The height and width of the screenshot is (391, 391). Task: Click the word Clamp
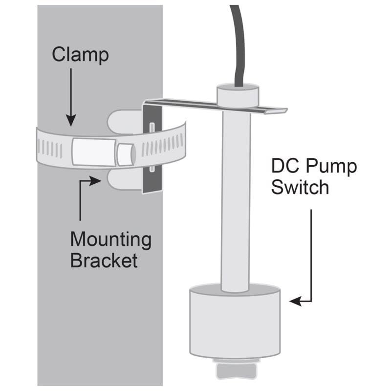(x=80, y=55)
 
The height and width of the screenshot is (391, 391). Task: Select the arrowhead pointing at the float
(x=295, y=302)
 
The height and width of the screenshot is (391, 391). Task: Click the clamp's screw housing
(x=93, y=151)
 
